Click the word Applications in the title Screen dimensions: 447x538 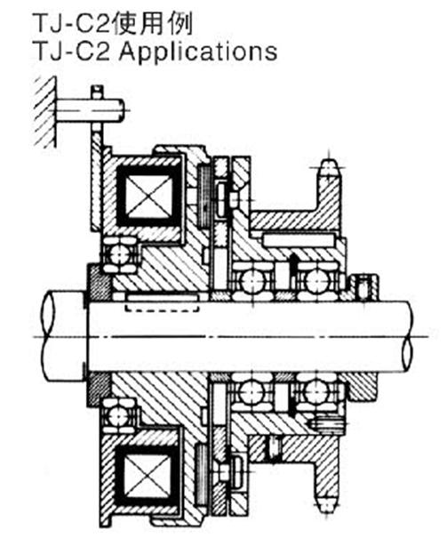click(198, 52)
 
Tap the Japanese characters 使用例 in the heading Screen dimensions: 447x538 click(153, 23)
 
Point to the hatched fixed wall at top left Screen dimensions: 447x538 click(45, 111)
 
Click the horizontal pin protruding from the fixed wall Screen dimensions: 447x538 click(90, 110)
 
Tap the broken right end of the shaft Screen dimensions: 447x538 click(408, 335)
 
